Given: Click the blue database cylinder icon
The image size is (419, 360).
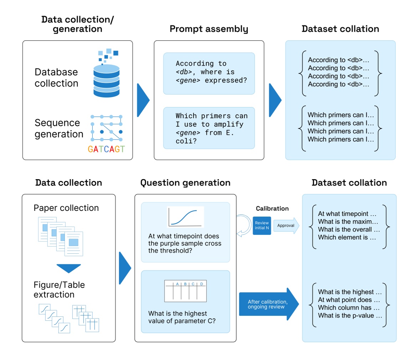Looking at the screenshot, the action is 106,81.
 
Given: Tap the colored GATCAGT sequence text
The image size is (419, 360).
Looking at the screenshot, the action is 106,149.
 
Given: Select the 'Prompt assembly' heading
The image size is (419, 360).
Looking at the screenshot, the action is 209,29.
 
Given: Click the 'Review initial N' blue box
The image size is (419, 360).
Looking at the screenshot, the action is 262,225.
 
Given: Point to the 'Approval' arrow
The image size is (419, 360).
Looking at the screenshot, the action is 286,225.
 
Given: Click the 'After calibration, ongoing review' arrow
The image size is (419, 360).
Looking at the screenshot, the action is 269,304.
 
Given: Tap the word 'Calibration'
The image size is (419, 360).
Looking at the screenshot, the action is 272,208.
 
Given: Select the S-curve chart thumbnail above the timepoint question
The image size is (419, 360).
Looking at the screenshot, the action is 185,217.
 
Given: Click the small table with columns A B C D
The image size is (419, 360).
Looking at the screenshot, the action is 185,291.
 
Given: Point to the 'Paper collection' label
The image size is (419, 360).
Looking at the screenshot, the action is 66,208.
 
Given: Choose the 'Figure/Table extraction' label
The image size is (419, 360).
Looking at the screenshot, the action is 59,290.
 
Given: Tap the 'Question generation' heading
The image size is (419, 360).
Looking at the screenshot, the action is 185,183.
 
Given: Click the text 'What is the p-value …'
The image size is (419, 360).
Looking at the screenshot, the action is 350,316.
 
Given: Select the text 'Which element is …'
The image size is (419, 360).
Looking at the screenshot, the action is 347,237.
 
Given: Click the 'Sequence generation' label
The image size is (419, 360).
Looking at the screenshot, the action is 59,128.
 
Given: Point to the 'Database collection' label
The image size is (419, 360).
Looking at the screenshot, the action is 56,77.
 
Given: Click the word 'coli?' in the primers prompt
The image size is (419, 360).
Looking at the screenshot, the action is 186,141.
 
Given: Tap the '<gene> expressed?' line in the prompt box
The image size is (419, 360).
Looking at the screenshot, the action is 211,80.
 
